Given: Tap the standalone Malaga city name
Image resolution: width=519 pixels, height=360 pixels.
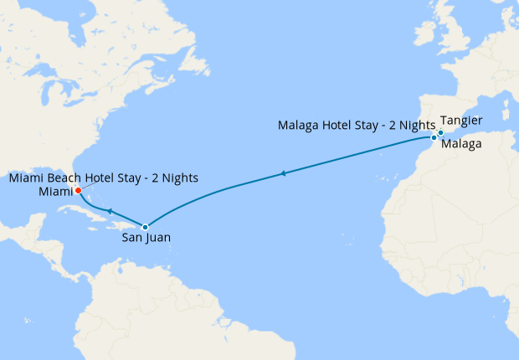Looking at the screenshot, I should [460, 145].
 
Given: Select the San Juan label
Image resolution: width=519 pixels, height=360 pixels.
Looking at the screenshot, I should [146, 238].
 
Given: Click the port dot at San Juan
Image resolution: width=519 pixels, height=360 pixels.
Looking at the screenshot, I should [146, 227].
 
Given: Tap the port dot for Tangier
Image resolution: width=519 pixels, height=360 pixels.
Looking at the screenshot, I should [440, 132].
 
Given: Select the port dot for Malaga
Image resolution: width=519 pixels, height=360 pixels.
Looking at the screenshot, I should [434, 136].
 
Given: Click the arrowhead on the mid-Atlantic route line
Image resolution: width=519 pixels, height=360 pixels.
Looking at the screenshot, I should [285, 173].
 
